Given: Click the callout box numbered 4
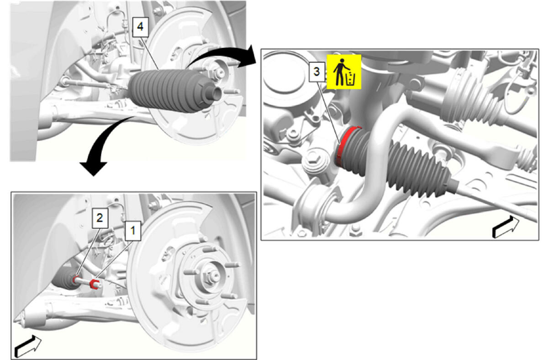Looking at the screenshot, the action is tap(141, 27).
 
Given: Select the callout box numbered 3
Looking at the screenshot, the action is tap(317, 72).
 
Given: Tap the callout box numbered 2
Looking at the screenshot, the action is tap(100, 218).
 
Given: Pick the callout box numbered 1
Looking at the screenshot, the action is tap(133, 231).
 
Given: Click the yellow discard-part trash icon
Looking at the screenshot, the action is tap(344, 71).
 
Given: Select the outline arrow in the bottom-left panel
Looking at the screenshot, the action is tap(28, 346).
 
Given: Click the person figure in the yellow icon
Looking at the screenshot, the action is tap(340, 72).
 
